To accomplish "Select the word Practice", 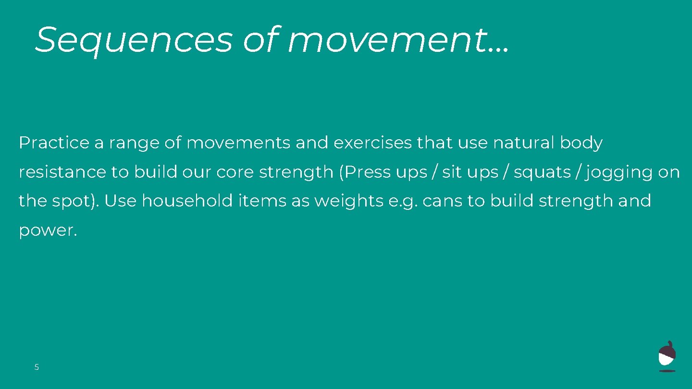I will (x=54, y=143).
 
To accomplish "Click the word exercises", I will (x=373, y=143).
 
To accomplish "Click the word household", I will (x=187, y=201).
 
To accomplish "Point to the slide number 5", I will (x=37, y=367).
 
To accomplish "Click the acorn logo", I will (x=667, y=356).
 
